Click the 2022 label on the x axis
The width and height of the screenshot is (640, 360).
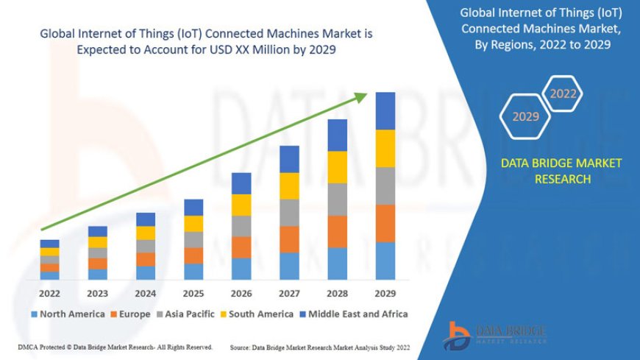(x=49, y=293)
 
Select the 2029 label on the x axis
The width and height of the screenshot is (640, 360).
(x=385, y=293)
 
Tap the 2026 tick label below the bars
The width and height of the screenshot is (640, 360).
(x=241, y=293)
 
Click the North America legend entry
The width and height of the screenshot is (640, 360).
(x=67, y=314)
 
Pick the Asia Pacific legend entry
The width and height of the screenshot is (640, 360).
(x=189, y=314)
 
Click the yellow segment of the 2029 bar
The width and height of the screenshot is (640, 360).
(x=385, y=148)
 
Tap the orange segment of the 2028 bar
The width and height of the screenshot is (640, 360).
(x=337, y=231)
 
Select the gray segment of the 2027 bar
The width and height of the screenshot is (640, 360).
(x=289, y=212)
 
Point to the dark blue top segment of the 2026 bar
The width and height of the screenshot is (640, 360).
(x=241, y=183)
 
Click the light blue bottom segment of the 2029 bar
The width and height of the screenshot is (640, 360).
(x=385, y=261)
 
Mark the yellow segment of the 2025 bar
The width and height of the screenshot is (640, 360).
(x=193, y=223)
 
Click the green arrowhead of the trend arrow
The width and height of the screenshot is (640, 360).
(x=363, y=97)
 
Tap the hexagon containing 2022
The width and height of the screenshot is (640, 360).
(x=563, y=93)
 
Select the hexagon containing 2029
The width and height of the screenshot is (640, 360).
(x=525, y=116)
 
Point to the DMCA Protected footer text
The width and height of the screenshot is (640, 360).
(x=115, y=347)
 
